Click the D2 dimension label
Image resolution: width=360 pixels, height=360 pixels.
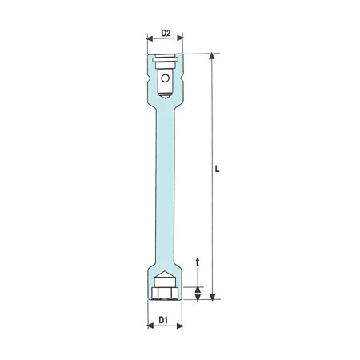click(x=166, y=34)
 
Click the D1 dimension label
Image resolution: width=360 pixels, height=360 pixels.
click(x=164, y=320)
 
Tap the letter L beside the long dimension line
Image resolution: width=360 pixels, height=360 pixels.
click(x=218, y=170)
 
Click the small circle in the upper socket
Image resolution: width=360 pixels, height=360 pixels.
click(x=166, y=78)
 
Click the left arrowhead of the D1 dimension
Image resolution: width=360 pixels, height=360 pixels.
click(x=150, y=327)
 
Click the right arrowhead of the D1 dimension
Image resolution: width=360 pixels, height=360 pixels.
click(x=181, y=327)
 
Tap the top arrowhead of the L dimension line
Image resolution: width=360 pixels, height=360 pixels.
click(x=212, y=58)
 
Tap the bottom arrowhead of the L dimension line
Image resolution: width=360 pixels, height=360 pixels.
click(x=212, y=298)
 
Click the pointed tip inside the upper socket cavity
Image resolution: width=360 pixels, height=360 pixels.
click(x=166, y=97)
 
